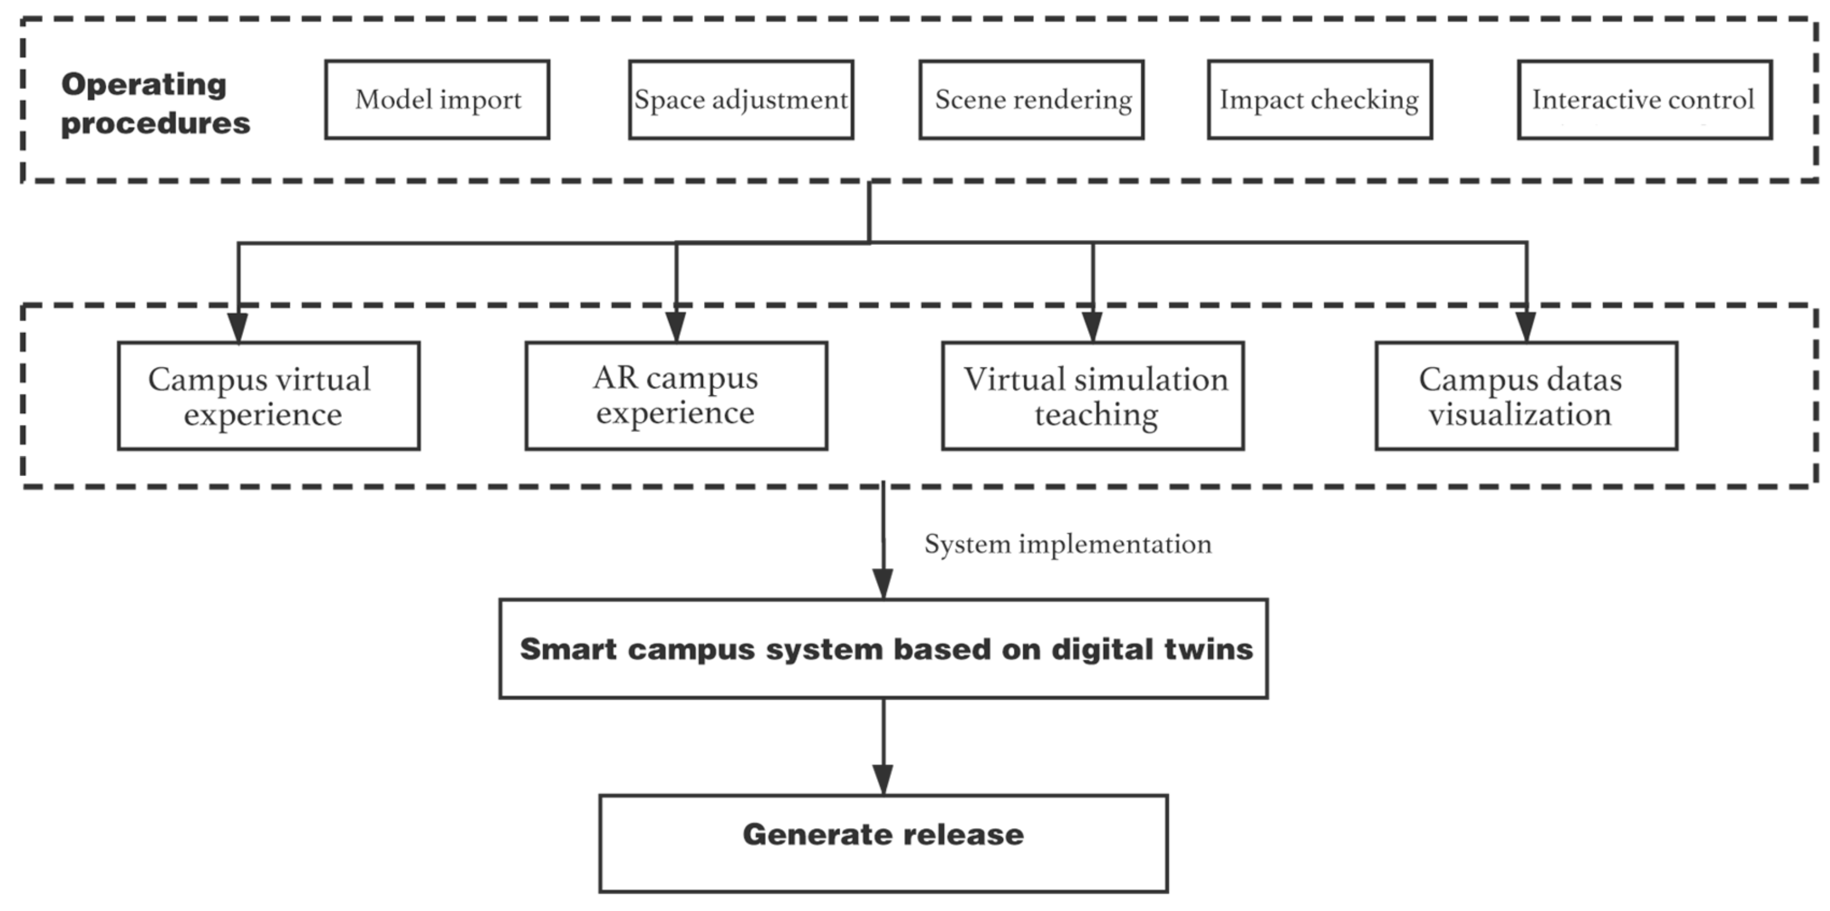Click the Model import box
coord(437,100)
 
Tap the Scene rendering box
coord(1032,100)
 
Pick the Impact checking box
coord(1319,100)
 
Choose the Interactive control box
coord(1644,100)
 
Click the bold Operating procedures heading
coord(155,104)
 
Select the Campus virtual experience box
coord(269,396)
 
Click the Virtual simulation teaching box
coord(1093,396)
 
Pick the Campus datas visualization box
coord(1526,396)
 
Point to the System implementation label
coord(1067,544)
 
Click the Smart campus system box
coord(883,649)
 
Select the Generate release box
coord(883,843)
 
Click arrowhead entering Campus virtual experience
coord(238,327)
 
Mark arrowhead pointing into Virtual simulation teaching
coord(1093,327)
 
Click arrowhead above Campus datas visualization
coord(1526,327)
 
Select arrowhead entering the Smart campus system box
coord(882,584)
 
